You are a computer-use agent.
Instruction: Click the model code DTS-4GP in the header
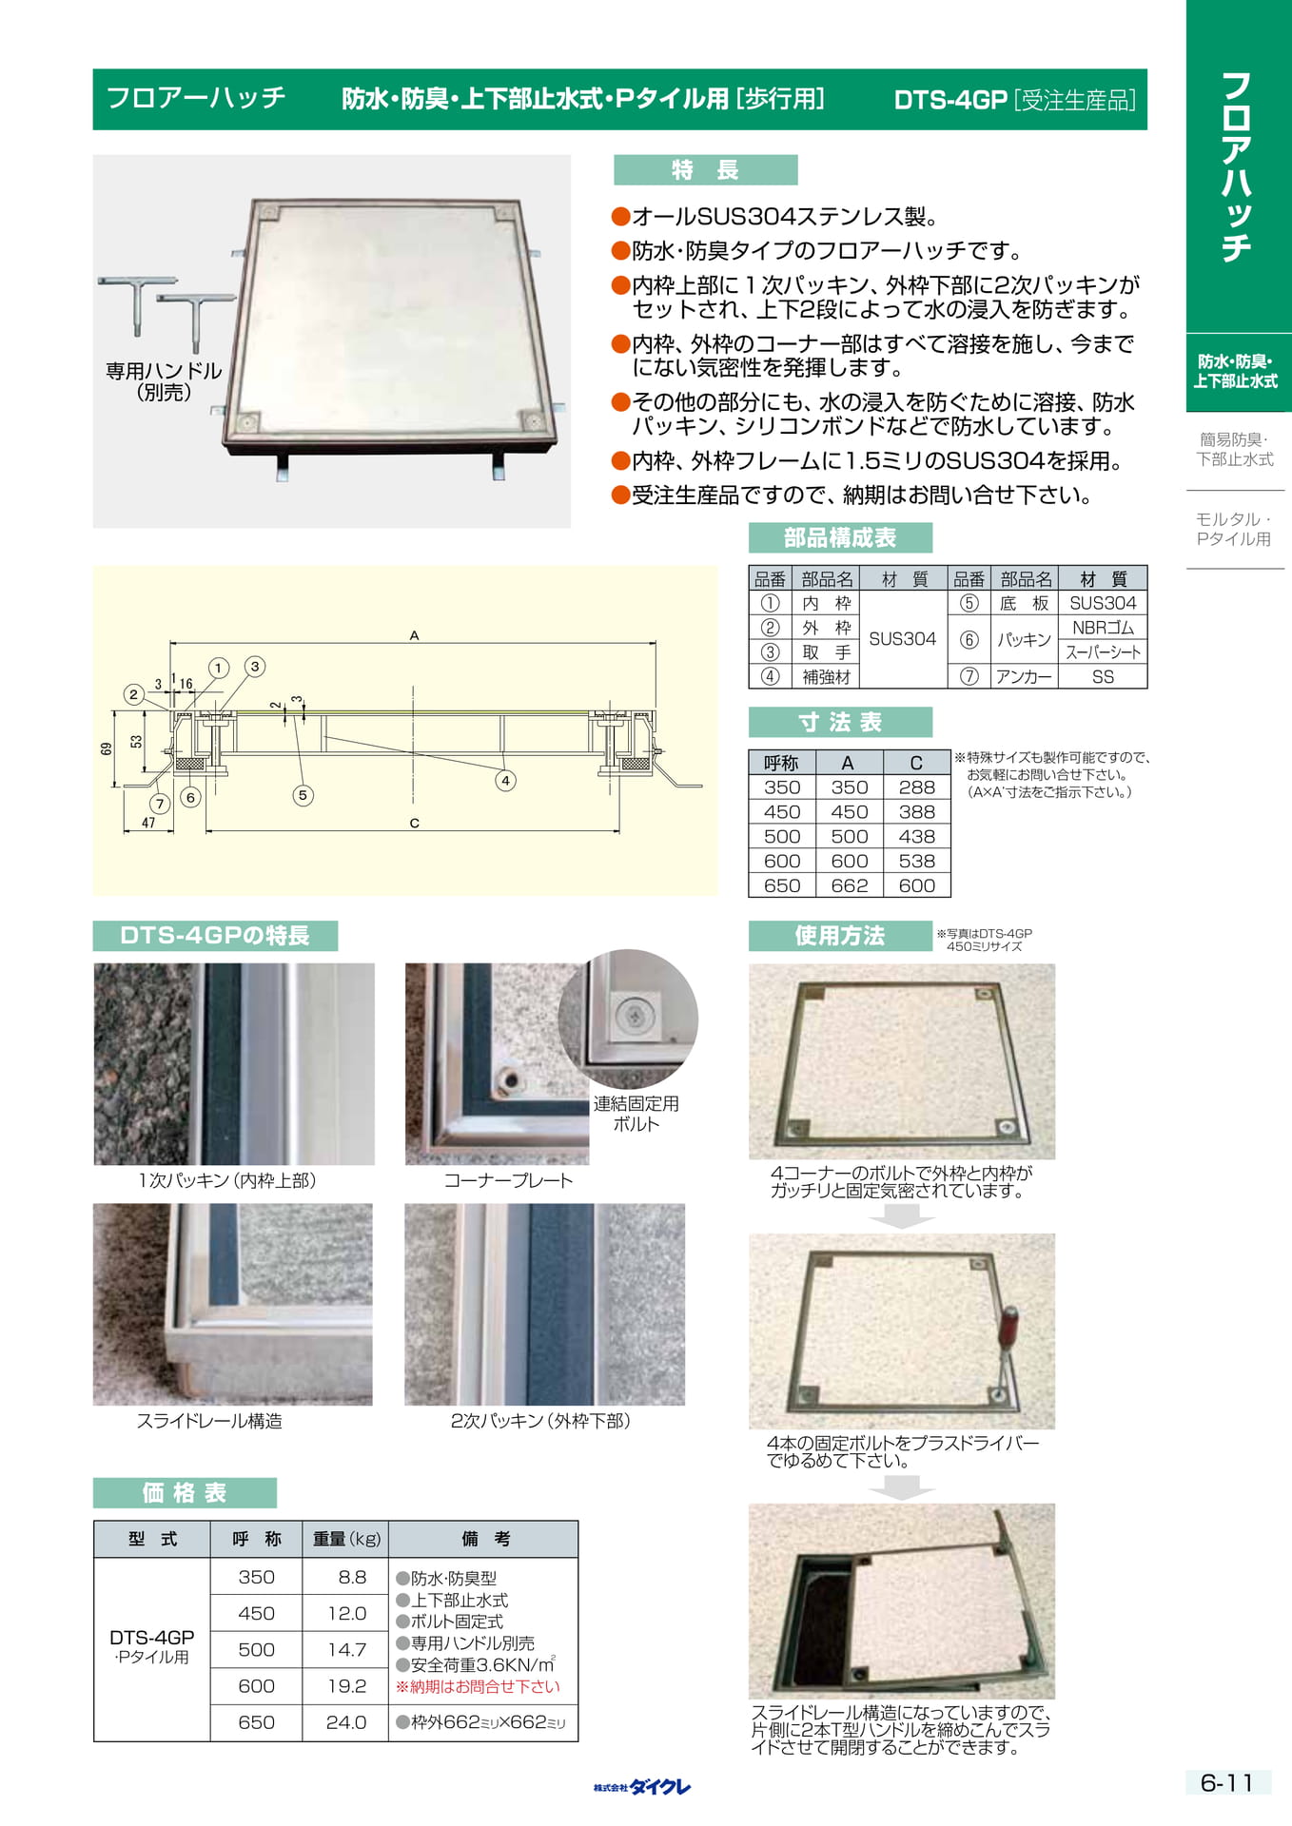pos(950,100)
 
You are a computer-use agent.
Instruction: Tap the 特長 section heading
pos(705,170)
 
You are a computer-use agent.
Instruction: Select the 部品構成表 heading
pos(840,538)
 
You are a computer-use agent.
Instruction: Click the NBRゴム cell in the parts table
pos(1103,628)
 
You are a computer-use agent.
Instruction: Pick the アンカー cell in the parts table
pos(1024,676)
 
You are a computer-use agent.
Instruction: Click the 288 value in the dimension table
pos(916,787)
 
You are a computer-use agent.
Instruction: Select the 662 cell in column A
pos(849,885)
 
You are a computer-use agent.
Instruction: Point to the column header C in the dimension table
pos(916,763)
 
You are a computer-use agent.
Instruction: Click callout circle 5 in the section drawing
pos(303,795)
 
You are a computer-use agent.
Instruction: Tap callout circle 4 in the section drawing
pos(505,781)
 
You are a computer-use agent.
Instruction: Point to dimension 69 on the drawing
pos(107,748)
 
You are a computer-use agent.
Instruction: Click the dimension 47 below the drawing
pos(148,823)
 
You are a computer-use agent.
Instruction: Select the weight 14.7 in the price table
pos(346,1650)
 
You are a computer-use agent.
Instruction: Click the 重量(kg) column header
pos(346,1539)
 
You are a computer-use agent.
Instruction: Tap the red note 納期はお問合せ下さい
pos(479,1687)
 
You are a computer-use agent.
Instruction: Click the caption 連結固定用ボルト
pos(636,1114)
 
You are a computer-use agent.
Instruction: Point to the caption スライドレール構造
pos(209,1421)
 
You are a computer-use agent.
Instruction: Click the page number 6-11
pos(1226,1783)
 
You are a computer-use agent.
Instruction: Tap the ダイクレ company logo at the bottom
pos(642,1787)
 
